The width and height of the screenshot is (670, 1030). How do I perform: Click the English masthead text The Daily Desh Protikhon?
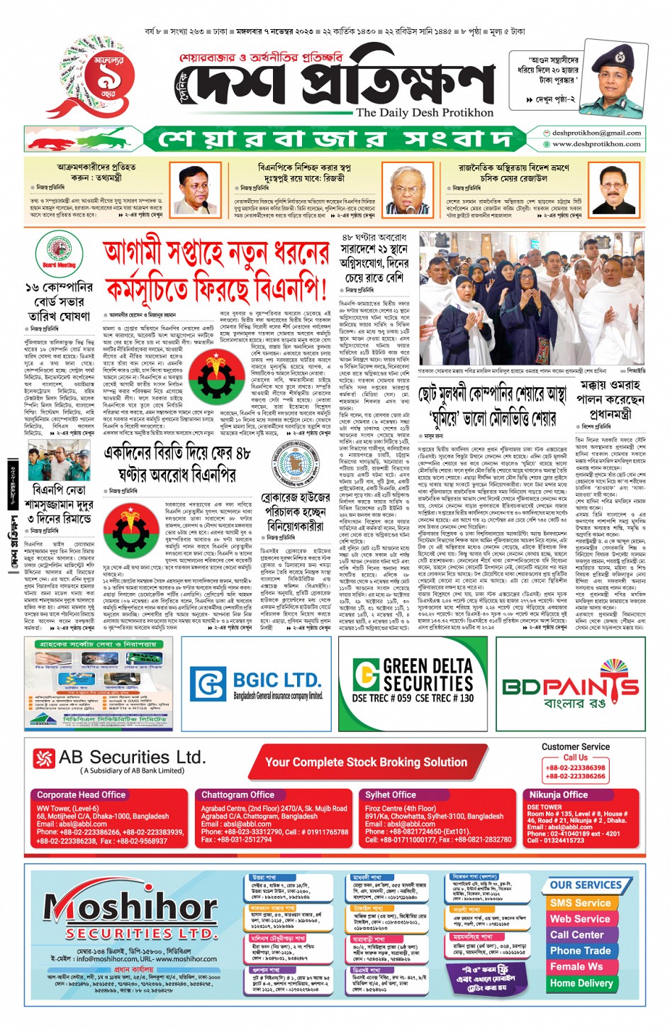tap(424, 112)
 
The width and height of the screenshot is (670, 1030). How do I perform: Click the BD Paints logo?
tap(570, 686)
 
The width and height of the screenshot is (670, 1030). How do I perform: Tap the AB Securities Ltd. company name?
tap(132, 757)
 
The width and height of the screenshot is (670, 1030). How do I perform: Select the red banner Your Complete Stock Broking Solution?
tap(366, 762)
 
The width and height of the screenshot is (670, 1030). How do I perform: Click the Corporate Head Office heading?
tap(81, 795)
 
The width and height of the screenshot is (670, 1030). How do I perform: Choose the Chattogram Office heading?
tap(238, 795)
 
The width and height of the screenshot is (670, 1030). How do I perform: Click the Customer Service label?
tap(575, 747)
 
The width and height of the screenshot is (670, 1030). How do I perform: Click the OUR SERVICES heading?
tap(586, 885)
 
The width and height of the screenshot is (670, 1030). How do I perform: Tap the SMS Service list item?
tap(580, 903)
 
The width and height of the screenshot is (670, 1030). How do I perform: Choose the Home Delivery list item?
tap(581, 983)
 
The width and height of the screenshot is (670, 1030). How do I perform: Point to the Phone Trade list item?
tap(580, 951)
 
